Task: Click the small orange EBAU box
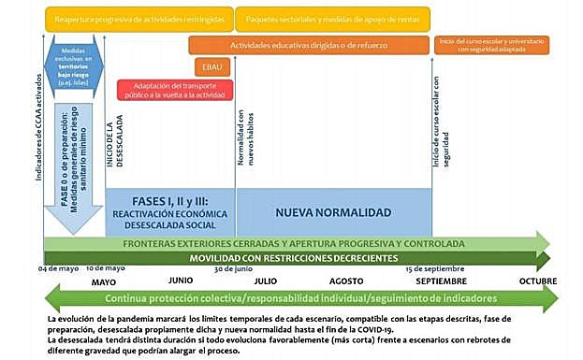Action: [208, 67]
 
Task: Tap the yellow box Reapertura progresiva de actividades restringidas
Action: [138, 18]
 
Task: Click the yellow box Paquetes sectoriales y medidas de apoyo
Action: [331, 18]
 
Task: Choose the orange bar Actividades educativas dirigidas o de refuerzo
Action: [308, 44]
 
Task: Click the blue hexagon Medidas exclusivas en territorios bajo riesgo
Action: [76, 65]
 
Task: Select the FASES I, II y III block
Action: [169, 212]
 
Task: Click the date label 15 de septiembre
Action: [434, 269]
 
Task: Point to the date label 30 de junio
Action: [234, 269]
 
